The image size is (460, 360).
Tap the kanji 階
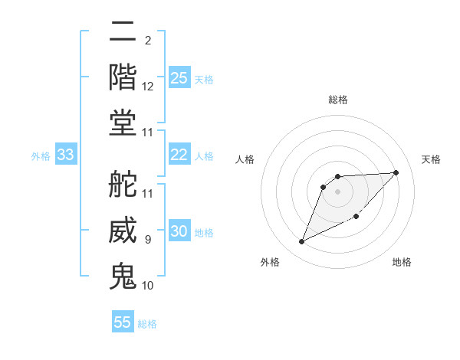click(123, 76)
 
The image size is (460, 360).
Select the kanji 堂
click(123, 123)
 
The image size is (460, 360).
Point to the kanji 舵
click(123, 184)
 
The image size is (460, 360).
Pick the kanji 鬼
click(123, 276)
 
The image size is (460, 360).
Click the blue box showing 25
click(179, 78)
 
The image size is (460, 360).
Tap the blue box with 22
click(179, 155)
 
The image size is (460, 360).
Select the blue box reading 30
click(179, 232)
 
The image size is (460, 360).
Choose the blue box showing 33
click(66, 155)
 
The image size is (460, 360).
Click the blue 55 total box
click(123, 322)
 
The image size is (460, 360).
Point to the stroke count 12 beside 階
click(148, 87)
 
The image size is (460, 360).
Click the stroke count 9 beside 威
click(148, 240)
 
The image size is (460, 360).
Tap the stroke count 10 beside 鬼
click(148, 286)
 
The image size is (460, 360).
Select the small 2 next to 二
click(147, 40)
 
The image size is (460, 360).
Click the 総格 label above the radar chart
click(338, 100)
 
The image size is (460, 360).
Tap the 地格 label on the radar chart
click(402, 262)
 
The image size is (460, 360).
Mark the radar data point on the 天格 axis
click(396, 172)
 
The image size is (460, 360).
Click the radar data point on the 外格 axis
click(301, 242)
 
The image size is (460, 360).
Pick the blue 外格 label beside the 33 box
click(41, 156)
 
